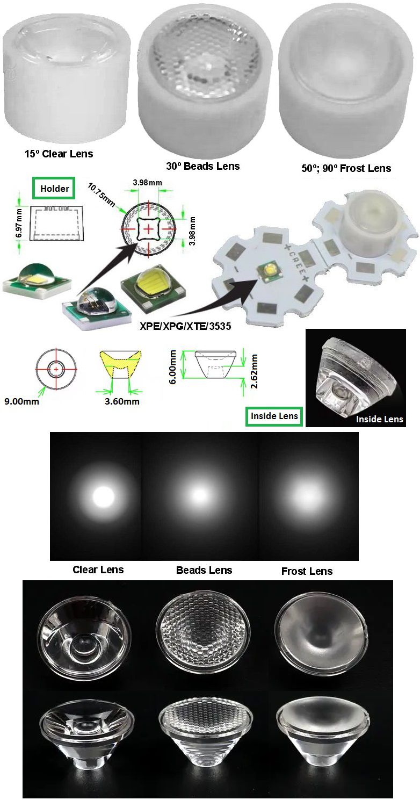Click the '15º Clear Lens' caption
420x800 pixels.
59,154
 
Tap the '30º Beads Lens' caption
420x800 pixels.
202,166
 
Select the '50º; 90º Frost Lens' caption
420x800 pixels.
346,168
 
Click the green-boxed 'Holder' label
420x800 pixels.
54,189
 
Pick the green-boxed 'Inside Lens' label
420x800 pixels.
274,415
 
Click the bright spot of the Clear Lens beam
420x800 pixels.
104,497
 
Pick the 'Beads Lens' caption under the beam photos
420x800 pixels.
204,570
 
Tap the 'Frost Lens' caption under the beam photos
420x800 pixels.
307,571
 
